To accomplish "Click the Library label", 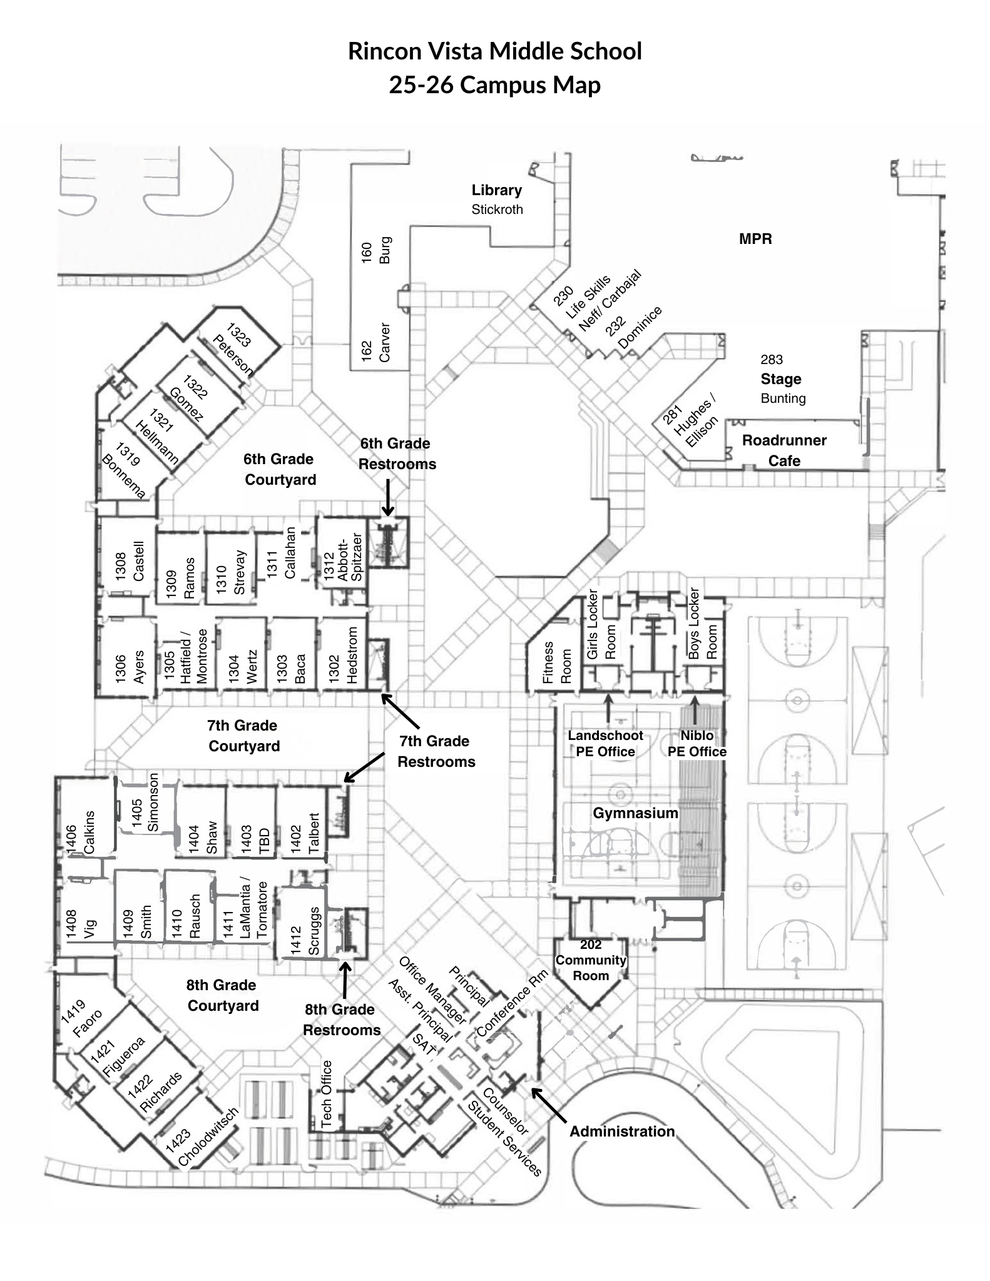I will pyautogui.click(x=496, y=190).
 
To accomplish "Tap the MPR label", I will pyautogui.click(x=755, y=239).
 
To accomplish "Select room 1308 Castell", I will pyautogui.click(x=130, y=561).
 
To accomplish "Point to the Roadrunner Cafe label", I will pyautogui.click(x=784, y=450).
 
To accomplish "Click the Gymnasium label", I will pyautogui.click(x=635, y=813).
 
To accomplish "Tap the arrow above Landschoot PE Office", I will pyautogui.click(x=607, y=708).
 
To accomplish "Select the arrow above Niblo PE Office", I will pyautogui.click(x=695, y=709).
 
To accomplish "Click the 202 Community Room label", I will pyautogui.click(x=591, y=960).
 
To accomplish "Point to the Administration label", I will pyautogui.click(x=622, y=1131).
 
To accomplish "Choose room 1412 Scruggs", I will pyautogui.click(x=305, y=931).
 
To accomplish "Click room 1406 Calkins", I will pyautogui.click(x=81, y=832).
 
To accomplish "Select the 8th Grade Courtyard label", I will pyautogui.click(x=222, y=995).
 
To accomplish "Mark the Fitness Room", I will pyautogui.click(x=556, y=662).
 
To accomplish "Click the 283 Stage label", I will pyautogui.click(x=781, y=379).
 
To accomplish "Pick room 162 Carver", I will pyautogui.click(x=376, y=342).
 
